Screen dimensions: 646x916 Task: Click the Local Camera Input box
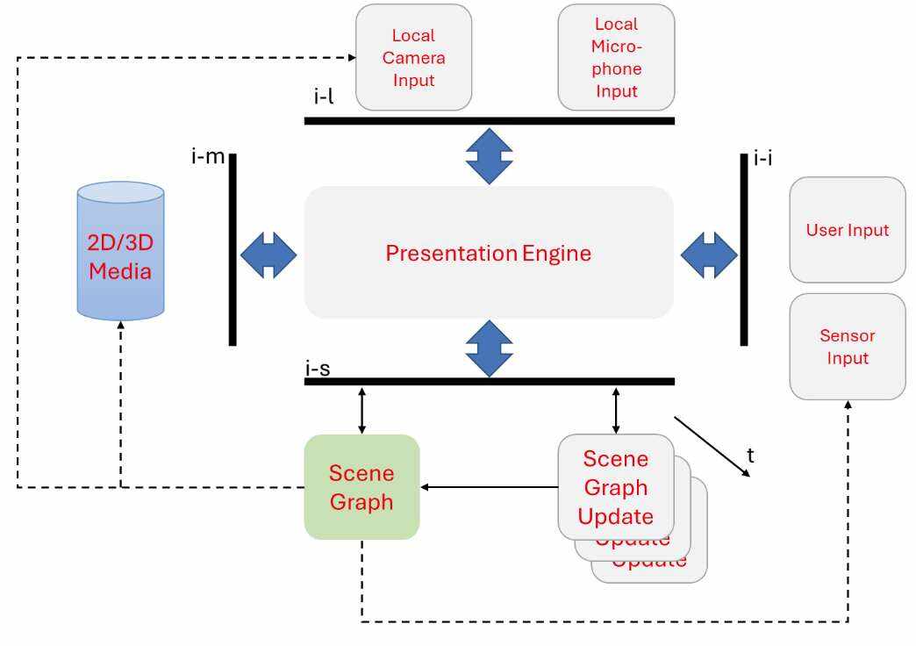pyautogui.click(x=413, y=58)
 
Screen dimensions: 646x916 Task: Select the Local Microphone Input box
pyautogui.click(x=616, y=58)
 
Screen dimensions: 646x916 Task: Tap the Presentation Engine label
pyautogui.click(x=488, y=254)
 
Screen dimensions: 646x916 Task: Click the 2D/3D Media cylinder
pyautogui.click(x=120, y=250)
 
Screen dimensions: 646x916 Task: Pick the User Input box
pyautogui.click(x=847, y=230)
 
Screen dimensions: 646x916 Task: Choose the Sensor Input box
pyautogui.click(x=847, y=347)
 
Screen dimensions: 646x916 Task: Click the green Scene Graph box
pyautogui.click(x=361, y=487)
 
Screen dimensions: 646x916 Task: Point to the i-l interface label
pyautogui.click(x=324, y=97)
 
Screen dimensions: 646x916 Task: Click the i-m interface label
pyautogui.click(x=209, y=157)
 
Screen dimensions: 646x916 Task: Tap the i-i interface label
pyautogui.click(x=762, y=159)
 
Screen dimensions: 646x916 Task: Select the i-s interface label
pyautogui.click(x=318, y=369)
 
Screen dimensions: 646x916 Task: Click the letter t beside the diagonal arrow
pyautogui.click(x=750, y=456)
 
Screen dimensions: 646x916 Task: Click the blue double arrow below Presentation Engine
pyautogui.click(x=489, y=348)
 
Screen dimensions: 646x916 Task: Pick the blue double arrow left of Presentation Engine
pyautogui.click(x=268, y=255)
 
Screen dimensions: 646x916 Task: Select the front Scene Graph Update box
pyautogui.click(x=615, y=487)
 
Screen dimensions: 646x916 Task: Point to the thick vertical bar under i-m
pyautogui.click(x=233, y=250)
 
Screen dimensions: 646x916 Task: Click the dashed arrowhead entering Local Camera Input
pyautogui.click(x=350, y=58)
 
